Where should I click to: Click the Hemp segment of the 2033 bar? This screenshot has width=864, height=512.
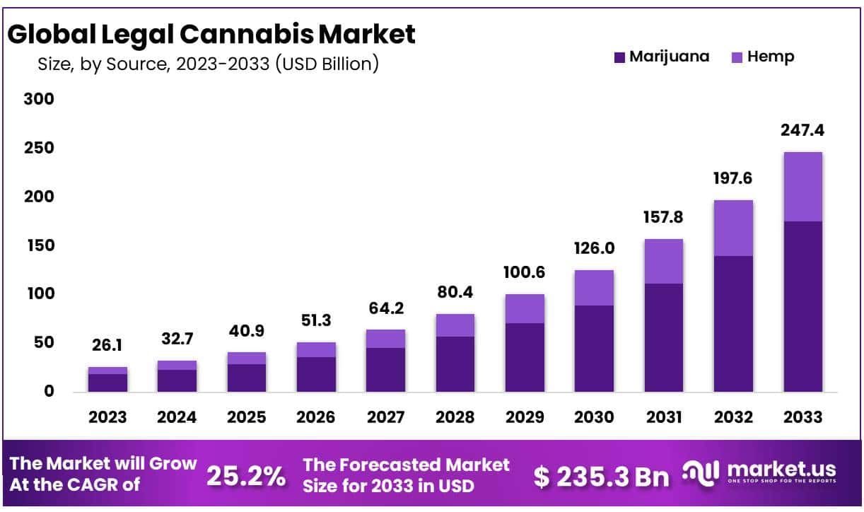(x=802, y=187)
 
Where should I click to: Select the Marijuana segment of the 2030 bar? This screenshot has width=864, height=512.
(x=594, y=348)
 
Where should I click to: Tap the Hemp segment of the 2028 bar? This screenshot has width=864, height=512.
(x=455, y=325)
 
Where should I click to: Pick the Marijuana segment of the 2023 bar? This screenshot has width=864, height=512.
(x=107, y=383)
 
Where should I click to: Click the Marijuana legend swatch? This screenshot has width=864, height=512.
(x=619, y=57)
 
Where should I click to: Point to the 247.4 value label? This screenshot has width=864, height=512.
(x=802, y=131)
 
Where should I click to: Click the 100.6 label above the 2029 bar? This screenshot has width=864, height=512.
(x=524, y=272)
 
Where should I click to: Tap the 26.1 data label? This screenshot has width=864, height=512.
(x=107, y=346)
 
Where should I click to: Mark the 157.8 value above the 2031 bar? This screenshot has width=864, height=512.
(x=663, y=217)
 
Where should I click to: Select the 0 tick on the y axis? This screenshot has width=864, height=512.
(x=48, y=391)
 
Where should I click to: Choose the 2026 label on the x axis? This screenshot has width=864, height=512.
(x=316, y=417)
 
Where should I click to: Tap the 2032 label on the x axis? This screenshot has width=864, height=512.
(x=733, y=417)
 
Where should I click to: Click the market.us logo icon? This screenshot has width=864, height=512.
(x=701, y=472)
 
